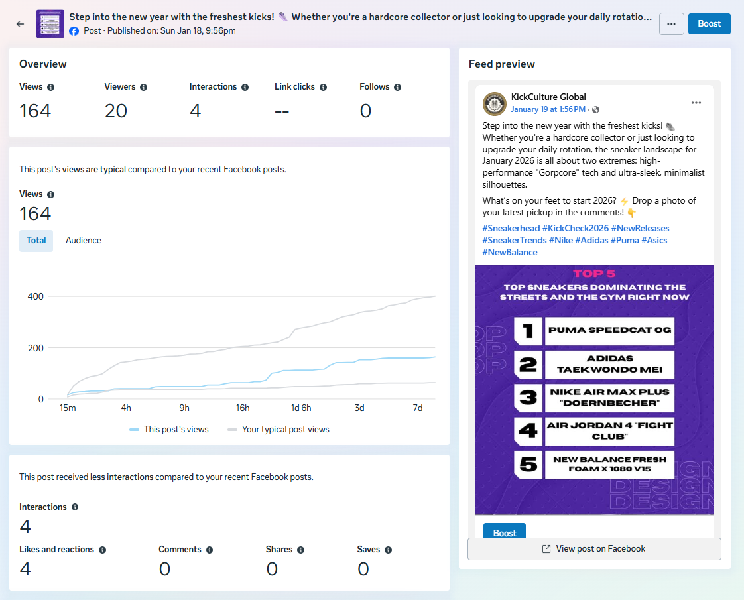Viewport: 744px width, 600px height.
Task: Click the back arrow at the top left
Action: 20,24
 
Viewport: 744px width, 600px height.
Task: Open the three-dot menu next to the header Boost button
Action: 672,24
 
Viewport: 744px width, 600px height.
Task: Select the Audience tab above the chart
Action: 84,241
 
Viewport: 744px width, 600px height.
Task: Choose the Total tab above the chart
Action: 36,241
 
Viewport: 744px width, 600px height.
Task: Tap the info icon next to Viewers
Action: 144,87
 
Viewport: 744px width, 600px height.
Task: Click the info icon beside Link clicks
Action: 323,87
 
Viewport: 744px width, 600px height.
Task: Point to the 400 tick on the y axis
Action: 35,296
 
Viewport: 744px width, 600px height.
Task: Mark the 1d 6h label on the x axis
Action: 301,408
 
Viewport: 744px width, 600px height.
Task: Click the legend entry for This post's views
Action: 169,430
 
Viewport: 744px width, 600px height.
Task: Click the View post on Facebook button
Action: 594,549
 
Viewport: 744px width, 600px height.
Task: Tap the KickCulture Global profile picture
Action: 495,103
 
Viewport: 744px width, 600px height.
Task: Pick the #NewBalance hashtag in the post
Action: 510,253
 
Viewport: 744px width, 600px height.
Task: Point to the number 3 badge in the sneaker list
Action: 528,397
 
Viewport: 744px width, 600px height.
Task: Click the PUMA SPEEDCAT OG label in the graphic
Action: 609,330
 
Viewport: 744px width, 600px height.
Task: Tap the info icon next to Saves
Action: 388,550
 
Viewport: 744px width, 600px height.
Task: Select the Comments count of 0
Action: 164,569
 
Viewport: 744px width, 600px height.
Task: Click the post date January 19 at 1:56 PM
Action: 548,109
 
